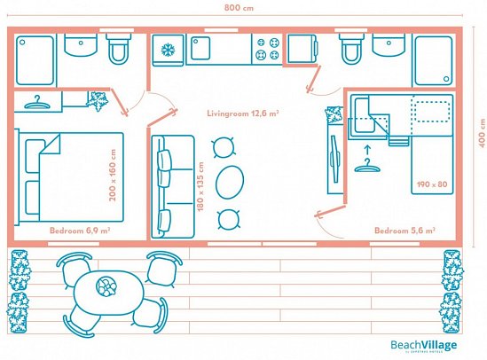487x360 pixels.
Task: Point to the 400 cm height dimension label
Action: pyautogui.click(x=479, y=135)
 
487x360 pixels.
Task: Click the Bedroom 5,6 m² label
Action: pyautogui.click(x=404, y=230)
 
